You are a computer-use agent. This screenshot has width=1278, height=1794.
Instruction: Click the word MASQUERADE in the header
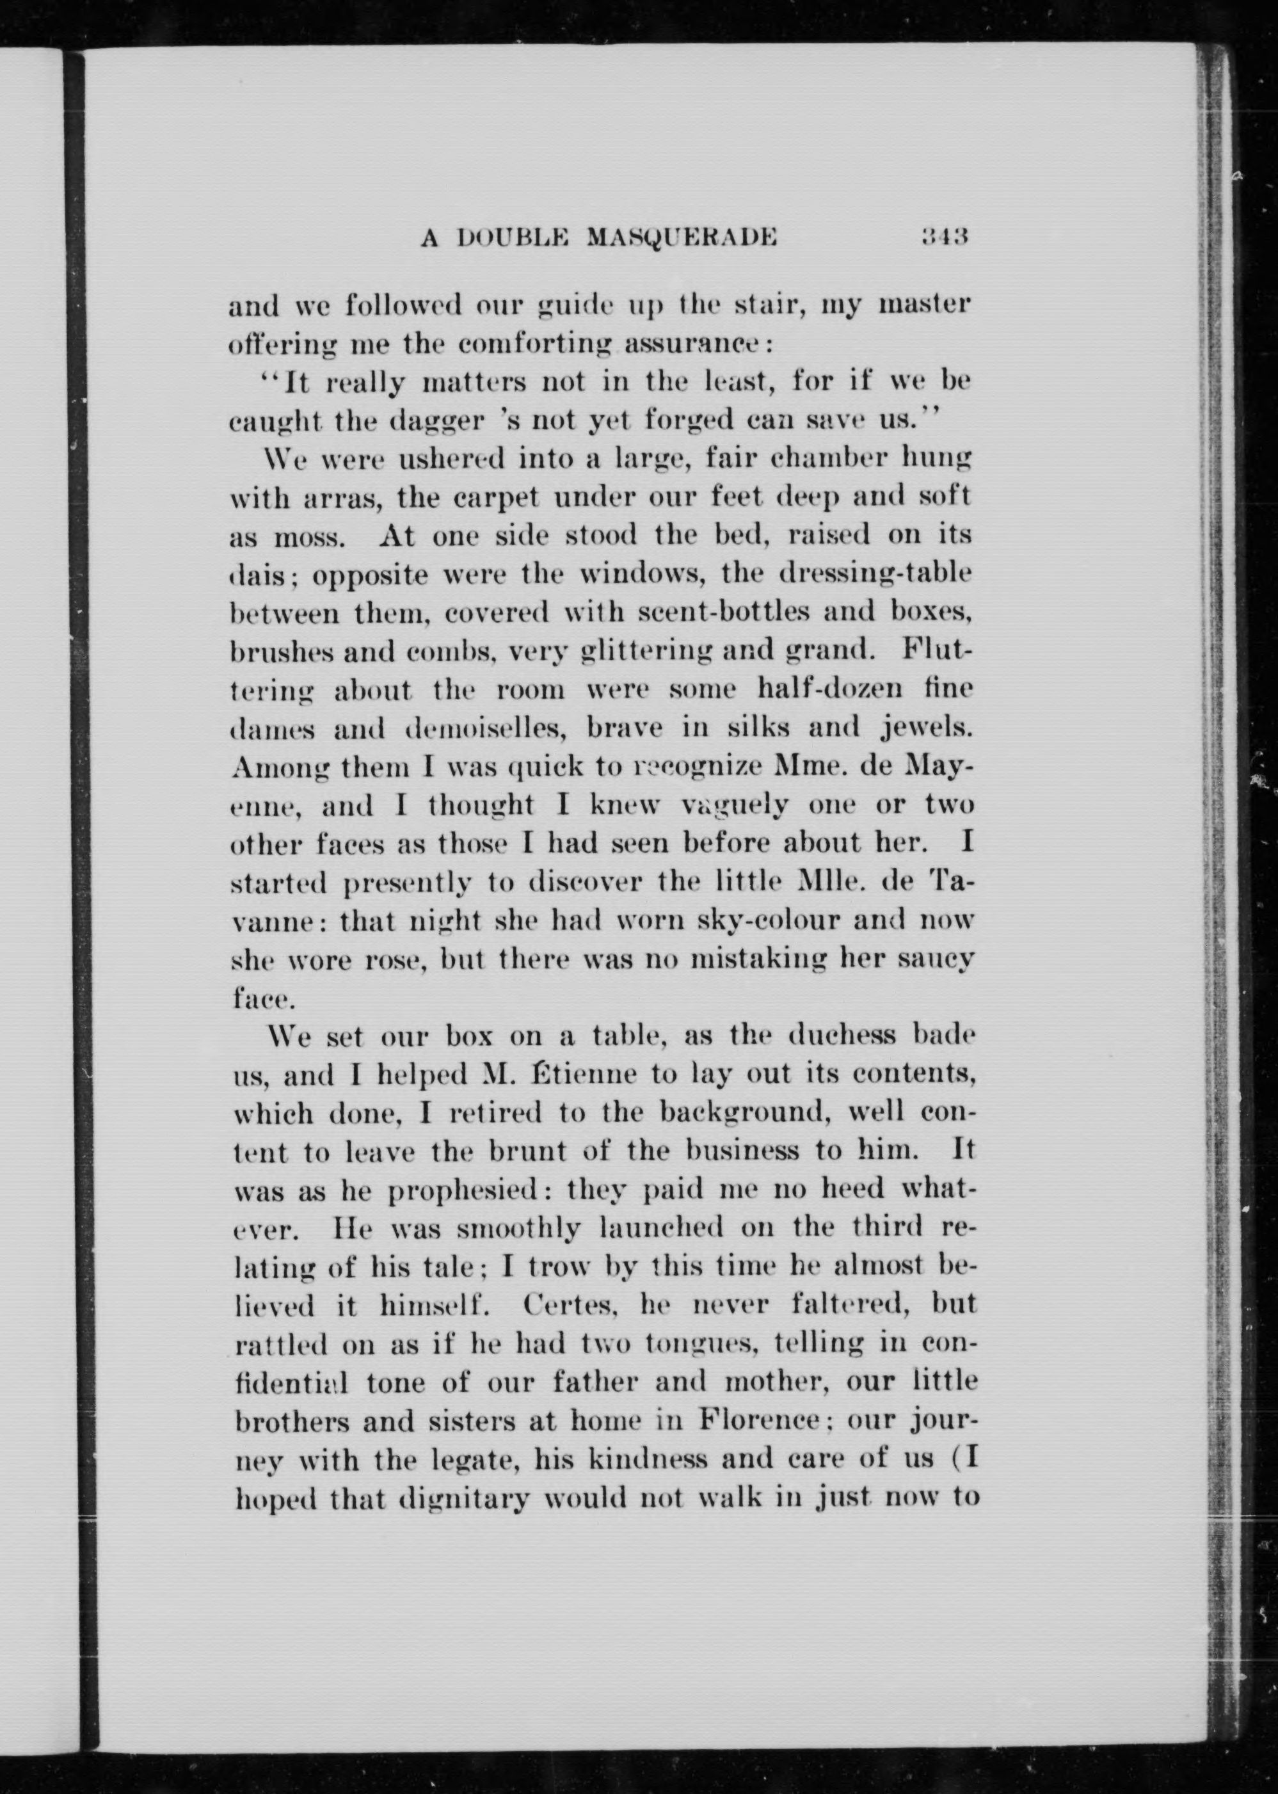tap(682, 237)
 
